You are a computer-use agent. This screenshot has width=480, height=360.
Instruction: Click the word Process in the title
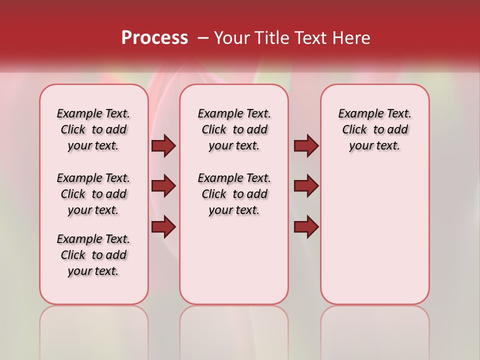(154, 37)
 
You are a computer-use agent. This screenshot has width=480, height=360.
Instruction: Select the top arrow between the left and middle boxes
(163, 145)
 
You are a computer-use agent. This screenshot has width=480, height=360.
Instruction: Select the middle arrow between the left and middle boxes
(163, 186)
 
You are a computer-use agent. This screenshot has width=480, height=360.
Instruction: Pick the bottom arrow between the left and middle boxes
(163, 226)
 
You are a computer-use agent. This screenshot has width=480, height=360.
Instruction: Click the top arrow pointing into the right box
(306, 145)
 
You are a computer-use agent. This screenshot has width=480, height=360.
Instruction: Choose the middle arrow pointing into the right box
(306, 186)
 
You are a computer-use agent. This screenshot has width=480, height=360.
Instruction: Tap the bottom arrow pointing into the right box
(306, 226)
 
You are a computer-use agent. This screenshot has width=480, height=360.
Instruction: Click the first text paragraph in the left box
(93, 129)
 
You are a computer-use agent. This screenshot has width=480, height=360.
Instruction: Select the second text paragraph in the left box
(93, 194)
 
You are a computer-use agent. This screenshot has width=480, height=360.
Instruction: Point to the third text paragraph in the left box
(93, 255)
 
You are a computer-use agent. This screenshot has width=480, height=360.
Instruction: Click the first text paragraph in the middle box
(234, 129)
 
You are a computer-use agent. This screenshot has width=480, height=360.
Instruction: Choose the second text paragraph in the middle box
(234, 194)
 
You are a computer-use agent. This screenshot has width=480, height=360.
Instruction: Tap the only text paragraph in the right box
(375, 129)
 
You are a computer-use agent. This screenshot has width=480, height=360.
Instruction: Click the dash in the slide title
(202, 37)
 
